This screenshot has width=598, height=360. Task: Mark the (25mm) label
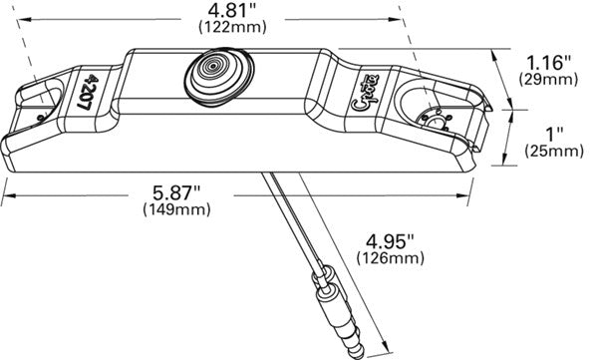(x=553, y=151)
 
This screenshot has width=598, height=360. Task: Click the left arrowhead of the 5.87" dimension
(x=5, y=193)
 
